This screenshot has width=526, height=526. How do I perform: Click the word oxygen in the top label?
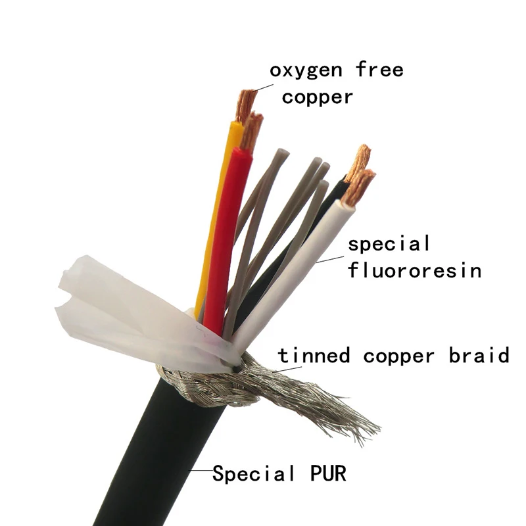[307, 70]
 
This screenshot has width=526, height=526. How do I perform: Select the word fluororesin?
[414, 270]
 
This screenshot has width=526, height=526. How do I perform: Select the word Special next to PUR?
[254, 473]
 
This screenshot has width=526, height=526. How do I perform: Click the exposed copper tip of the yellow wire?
[246, 105]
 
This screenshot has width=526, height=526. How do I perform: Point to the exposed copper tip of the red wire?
[251, 130]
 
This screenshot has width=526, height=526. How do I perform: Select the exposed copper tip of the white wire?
[360, 185]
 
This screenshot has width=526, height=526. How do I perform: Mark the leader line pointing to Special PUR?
[201, 471]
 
